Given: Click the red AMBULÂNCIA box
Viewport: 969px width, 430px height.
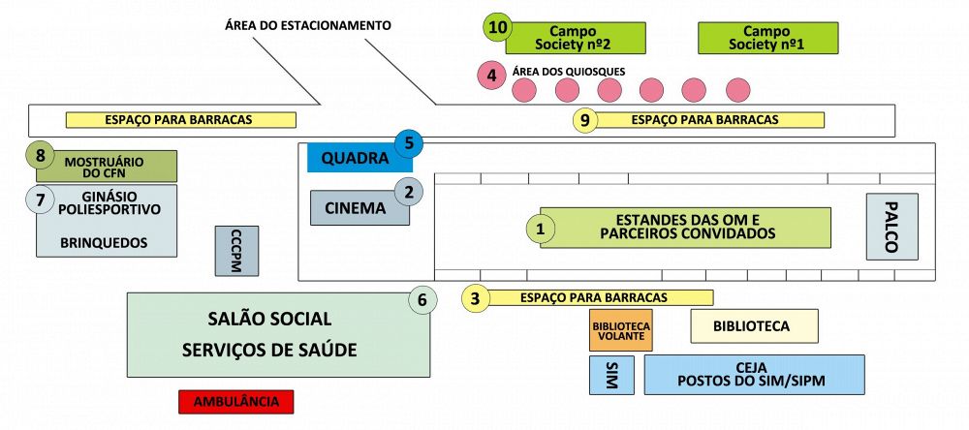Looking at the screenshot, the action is click(236, 402).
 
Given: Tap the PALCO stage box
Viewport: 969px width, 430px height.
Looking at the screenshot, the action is click(891, 227).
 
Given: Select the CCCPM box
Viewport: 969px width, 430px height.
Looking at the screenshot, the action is click(236, 251).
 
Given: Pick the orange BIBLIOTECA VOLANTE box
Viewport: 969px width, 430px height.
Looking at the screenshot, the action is click(620, 330).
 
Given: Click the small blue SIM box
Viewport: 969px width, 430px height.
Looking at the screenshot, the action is click(611, 375).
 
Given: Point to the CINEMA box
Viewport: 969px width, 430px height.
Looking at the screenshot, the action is click(359, 208).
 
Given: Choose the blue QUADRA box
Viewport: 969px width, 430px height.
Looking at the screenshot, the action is click(359, 159).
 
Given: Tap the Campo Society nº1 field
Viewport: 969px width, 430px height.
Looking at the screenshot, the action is click(767, 38).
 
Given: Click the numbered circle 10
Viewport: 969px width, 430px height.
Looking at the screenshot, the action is click(497, 28).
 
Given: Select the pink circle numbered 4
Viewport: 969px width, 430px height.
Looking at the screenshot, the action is click(491, 76).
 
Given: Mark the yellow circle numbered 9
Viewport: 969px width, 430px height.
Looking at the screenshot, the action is click(584, 120).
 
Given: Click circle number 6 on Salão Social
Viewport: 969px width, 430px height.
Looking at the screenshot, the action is click(422, 301).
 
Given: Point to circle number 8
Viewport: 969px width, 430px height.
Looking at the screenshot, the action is click(40, 156).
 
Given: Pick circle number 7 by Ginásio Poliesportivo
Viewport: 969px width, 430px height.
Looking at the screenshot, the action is click(40, 200).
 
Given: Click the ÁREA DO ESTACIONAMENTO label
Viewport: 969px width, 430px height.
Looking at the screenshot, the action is click(308, 26).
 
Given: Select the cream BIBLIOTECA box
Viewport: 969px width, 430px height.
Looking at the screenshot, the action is click(754, 326).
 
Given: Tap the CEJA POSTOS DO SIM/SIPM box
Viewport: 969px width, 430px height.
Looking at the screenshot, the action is click(754, 375).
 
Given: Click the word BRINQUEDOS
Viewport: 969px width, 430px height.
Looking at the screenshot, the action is click(104, 243).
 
